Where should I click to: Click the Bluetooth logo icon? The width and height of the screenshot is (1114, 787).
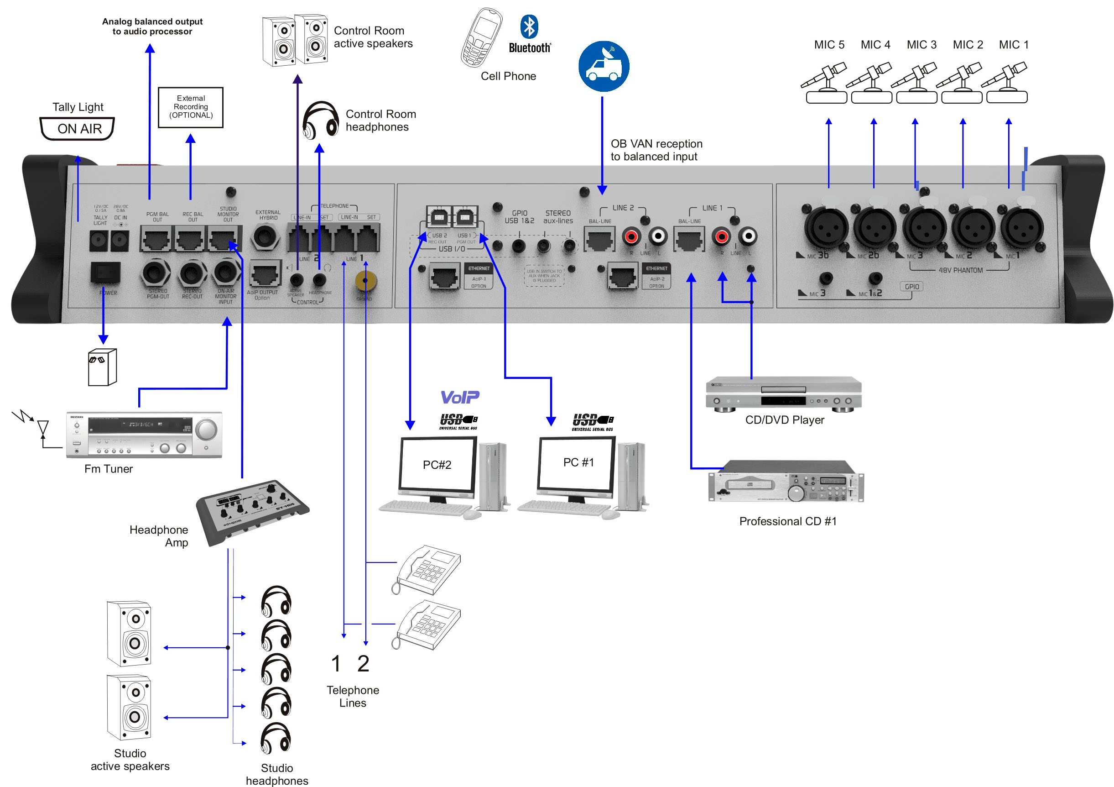pos(529,26)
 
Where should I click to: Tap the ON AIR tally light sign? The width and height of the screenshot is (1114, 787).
pos(78,129)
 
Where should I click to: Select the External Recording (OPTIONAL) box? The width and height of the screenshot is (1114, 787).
pos(191,107)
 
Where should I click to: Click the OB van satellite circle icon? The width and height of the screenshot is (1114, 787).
pos(604,67)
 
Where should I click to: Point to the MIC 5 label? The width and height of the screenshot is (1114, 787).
pos(829,45)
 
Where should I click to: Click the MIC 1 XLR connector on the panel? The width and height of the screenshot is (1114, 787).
pos(1021,227)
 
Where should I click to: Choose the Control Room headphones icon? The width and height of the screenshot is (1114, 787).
pos(320,120)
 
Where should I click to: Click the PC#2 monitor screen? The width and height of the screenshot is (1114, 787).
pos(437,465)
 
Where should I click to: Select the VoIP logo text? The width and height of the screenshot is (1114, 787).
pos(459,398)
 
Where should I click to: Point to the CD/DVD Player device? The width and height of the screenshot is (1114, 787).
pos(783,393)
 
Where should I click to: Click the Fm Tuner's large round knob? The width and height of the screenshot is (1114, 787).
pos(207,429)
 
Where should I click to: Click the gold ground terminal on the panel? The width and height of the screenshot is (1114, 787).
pos(365,281)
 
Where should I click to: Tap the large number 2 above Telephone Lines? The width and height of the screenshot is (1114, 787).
pos(364,664)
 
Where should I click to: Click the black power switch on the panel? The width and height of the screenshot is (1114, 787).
pos(105,273)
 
